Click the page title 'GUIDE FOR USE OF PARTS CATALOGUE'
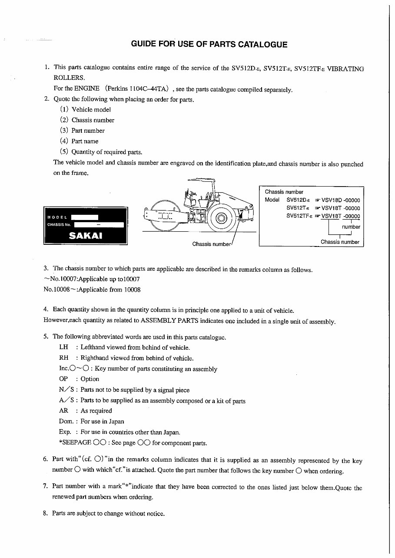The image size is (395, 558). click(209, 44)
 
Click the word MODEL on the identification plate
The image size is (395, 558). click(57, 217)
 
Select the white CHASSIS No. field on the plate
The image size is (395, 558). click(99, 225)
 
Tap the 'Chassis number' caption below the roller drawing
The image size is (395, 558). click(212, 244)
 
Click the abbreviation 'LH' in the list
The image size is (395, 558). click(63, 348)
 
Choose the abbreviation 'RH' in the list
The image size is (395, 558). click(63, 358)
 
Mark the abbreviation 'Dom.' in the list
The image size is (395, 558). click(65, 421)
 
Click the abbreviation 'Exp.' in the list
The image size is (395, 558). click(65, 432)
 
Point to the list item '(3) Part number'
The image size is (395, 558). click(83, 131)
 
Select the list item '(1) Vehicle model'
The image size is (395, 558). click(86, 110)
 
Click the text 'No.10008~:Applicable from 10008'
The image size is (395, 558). click(92, 290)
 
